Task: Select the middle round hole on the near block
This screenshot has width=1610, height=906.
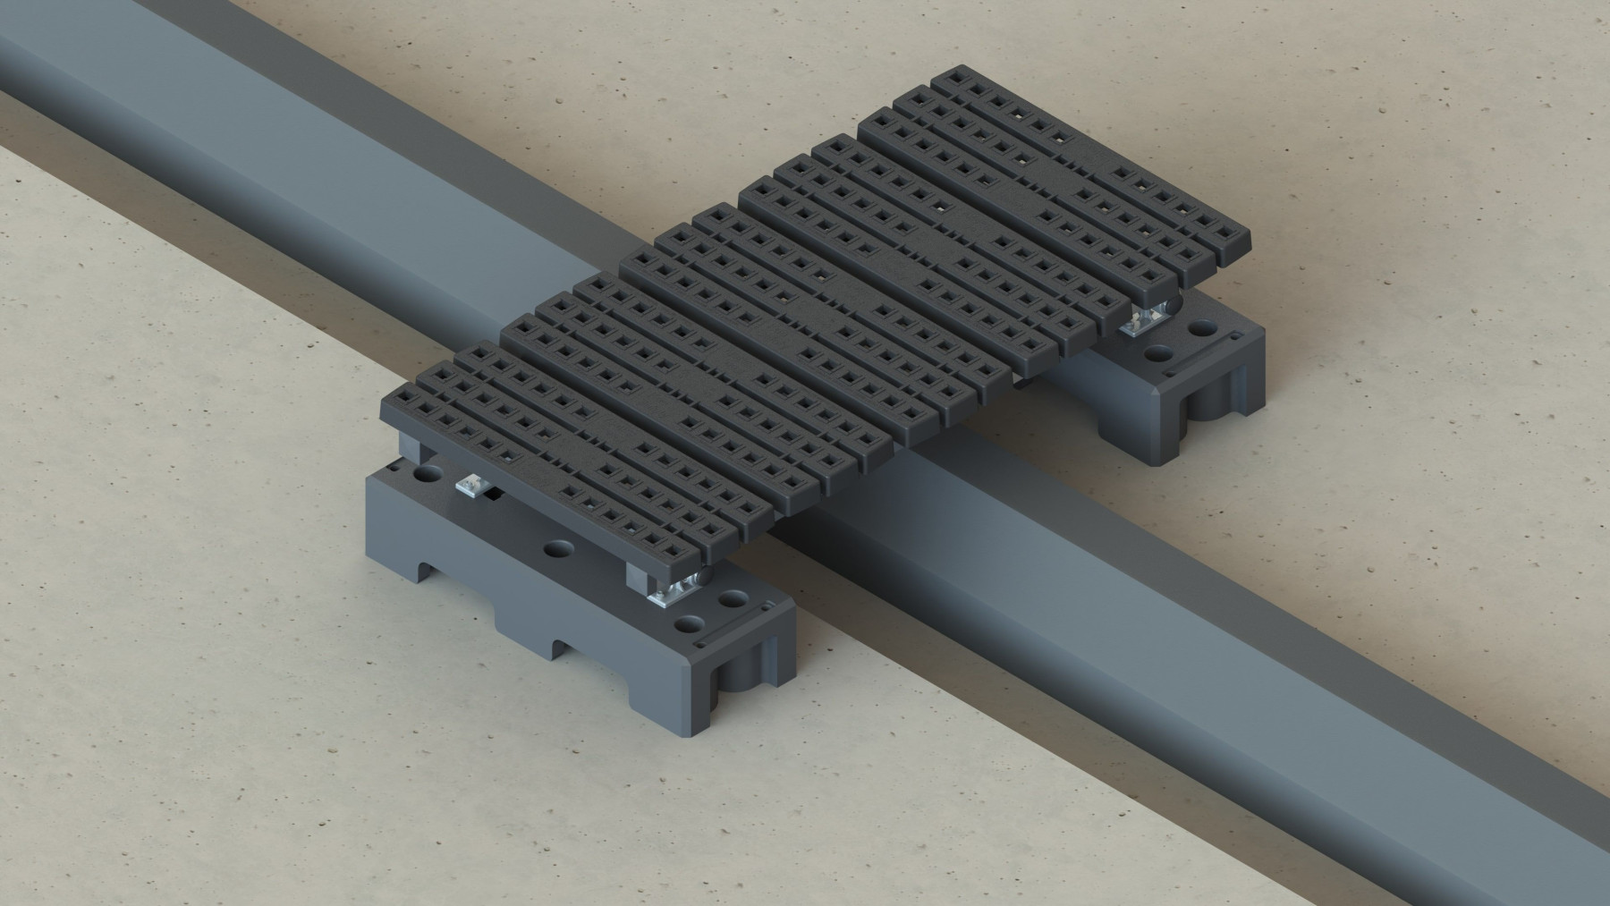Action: tap(559, 546)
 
